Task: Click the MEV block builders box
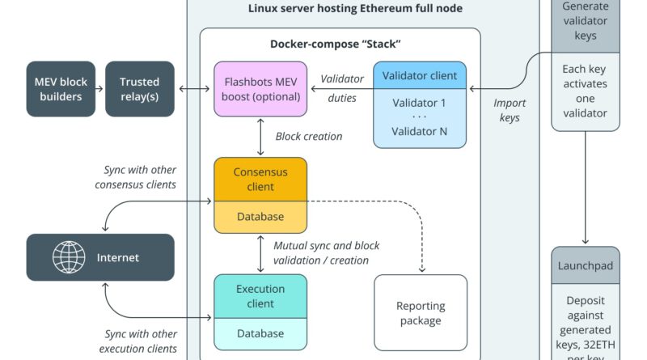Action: pyautogui.click(x=59, y=89)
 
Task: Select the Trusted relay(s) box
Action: pyautogui.click(x=139, y=89)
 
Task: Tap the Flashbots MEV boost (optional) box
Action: pyautogui.click(x=260, y=89)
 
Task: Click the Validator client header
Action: pyautogui.click(x=419, y=76)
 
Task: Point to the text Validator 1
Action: pyautogui.click(x=419, y=103)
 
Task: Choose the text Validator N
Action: pyautogui.click(x=419, y=131)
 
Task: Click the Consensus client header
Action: pyautogui.click(x=260, y=179)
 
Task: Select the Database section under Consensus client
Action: pyautogui.click(x=260, y=216)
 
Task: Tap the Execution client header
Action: pyautogui.click(x=260, y=296)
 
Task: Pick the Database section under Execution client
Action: pyautogui.click(x=260, y=333)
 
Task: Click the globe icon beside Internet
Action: pyautogui.click(x=69, y=258)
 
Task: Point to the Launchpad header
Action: pyautogui.click(x=586, y=265)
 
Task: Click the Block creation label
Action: pyautogui.click(x=309, y=136)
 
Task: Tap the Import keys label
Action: pyautogui.click(x=510, y=110)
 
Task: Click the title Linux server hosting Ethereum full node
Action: pyautogui.click(x=355, y=9)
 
